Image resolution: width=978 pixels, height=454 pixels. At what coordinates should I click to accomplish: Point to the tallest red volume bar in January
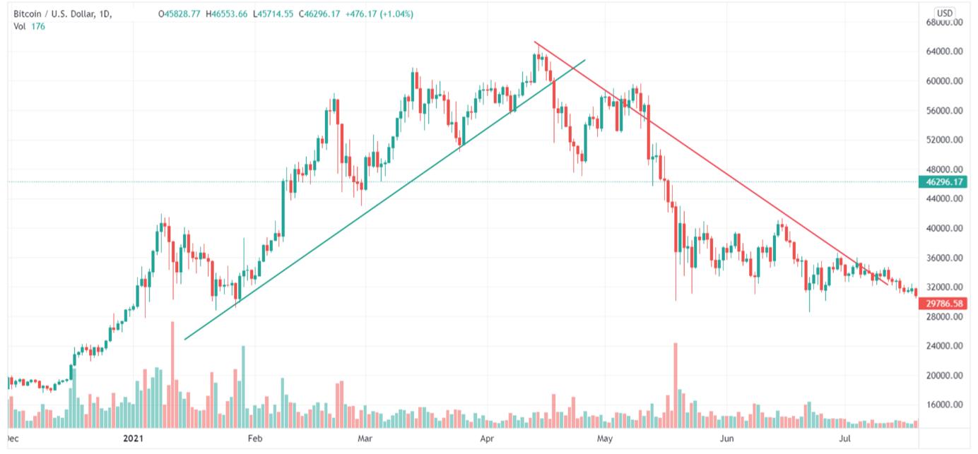(x=172, y=374)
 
